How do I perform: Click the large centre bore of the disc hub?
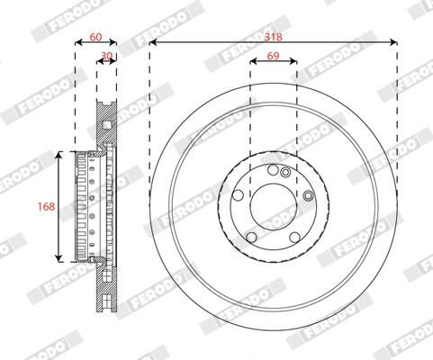(x=273, y=207)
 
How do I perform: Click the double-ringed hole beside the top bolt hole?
(x=284, y=173)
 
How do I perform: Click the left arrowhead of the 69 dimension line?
(x=252, y=60)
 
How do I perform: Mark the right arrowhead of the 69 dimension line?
(x=293, y=60)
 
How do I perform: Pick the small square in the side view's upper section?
(x=105, y=124)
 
